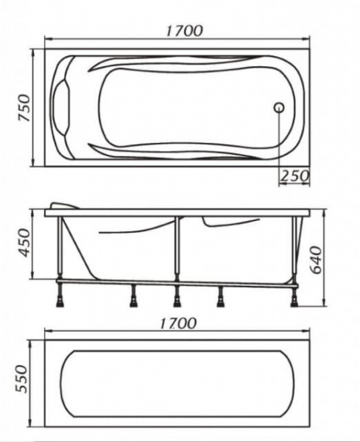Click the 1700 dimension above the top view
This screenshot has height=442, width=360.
coord(184,31)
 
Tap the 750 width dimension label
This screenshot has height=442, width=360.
coord(24,108)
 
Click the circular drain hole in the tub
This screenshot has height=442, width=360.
coord(279,108)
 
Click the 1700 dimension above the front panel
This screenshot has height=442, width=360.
coord(177,323)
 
